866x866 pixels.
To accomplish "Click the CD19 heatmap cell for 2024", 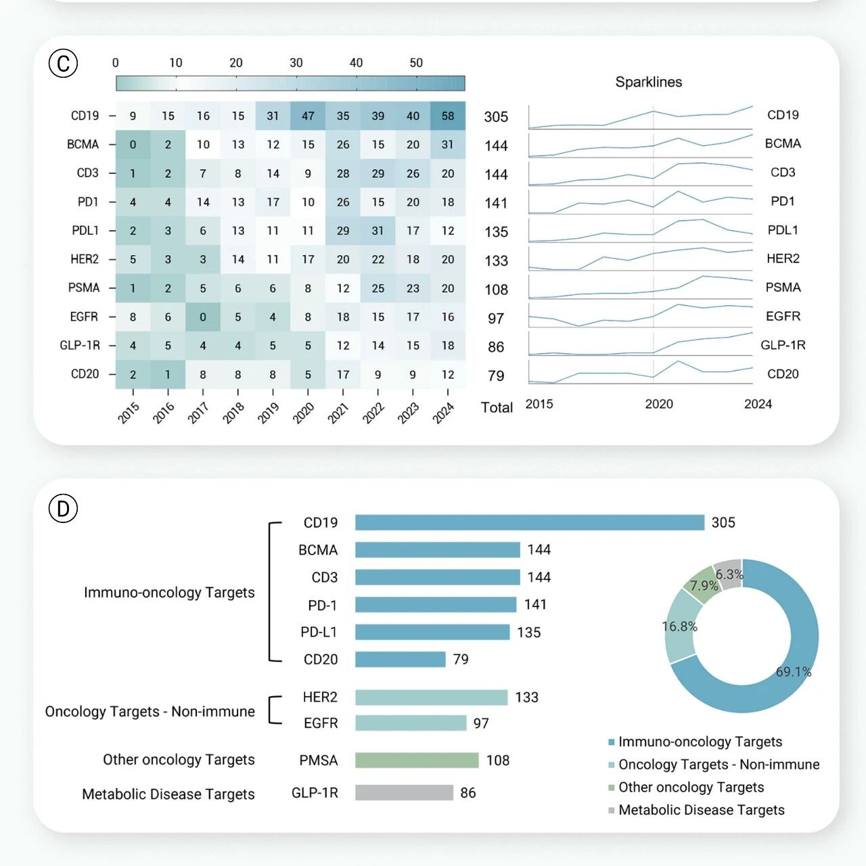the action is (448, 116).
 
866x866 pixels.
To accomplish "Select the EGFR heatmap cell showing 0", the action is (203, 317).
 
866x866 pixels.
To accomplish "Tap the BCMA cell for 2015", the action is (133, 145).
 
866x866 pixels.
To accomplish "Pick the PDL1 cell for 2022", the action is (378, 231).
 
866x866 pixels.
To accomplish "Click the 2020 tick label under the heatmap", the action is (303, 413).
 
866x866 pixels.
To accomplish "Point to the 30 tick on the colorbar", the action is (296, 62).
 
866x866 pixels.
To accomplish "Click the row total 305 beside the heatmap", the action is (496, 117).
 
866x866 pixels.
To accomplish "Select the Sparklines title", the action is (649, 82).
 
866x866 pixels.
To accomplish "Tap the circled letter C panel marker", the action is (63, 63).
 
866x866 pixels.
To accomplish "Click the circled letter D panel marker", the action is (63, 508).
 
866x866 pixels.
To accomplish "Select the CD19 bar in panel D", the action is (530, 522).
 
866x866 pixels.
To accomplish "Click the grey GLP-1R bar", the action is (404, 792).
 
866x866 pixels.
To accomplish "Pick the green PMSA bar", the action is (417, 760).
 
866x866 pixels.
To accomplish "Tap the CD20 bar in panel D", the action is (400, 659).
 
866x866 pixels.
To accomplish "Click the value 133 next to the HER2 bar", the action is (526, 697).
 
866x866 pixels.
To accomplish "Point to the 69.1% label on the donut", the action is (794, 671).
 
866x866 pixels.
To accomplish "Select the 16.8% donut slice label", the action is (679, 626).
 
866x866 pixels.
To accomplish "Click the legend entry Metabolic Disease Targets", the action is (697, 809).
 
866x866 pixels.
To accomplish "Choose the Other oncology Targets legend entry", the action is (686, 787).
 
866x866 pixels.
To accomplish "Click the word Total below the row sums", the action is (497, 407).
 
